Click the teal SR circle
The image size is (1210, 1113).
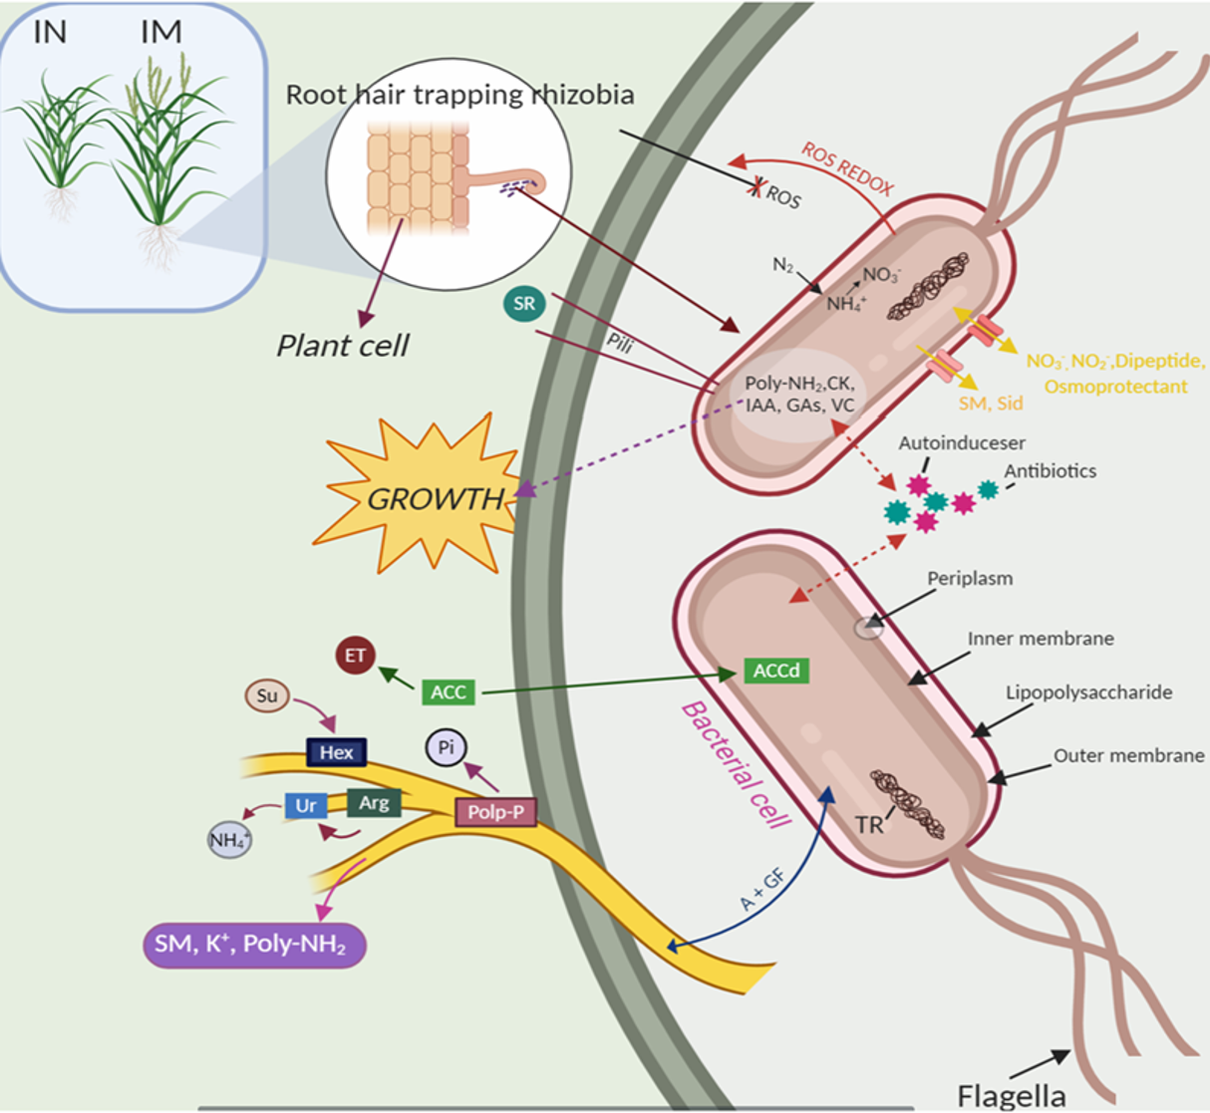coord(524,304)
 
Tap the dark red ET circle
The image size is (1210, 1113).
coord(355,656)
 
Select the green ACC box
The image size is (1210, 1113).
coord(448,692)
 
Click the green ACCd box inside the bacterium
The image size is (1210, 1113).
coord(775,671)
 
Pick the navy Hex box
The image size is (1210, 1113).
coord(336,752)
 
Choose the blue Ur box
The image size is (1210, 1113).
coord(305,805)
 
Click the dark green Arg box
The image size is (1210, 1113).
coord(374,802)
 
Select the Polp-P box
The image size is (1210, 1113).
coord(495,812)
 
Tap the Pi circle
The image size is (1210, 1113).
coord(446,747)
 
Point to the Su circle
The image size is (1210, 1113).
coord(266,696)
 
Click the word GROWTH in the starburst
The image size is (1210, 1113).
coord(436,498)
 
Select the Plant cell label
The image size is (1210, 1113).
coord(342,346)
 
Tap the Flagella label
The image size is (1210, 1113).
coord(1011,1095)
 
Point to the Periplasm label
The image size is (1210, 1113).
coord(969,578)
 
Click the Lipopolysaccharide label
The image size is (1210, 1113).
coord(1088,692)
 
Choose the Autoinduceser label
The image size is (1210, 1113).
coord(961,442)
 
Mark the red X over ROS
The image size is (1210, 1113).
coord(758,186)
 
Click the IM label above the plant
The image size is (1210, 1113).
coord(160,33)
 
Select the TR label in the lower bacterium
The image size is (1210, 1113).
coord(869,824)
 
